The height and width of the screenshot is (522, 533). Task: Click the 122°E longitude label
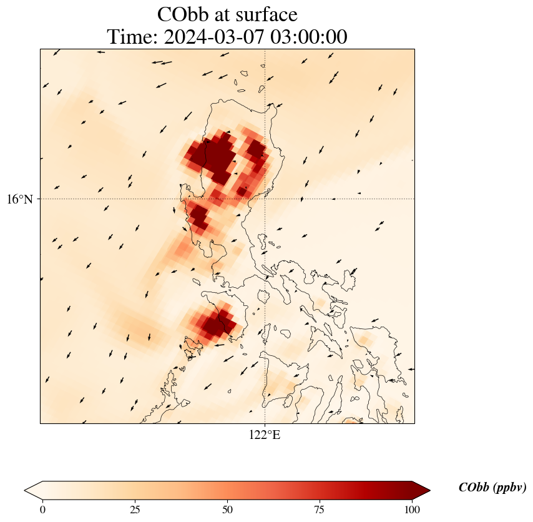pyautogui.click(x=265, y=435)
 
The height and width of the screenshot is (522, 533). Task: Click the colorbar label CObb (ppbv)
pyautogui.click(x=492, y=488)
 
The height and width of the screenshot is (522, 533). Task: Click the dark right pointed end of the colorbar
pyautogui.click(x=421, y=490)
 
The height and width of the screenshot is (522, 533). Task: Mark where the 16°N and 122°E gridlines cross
pyautogui.click(x=265, y=199)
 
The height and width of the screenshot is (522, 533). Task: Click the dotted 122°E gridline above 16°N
pyautogui.click(x=265, y=94)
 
